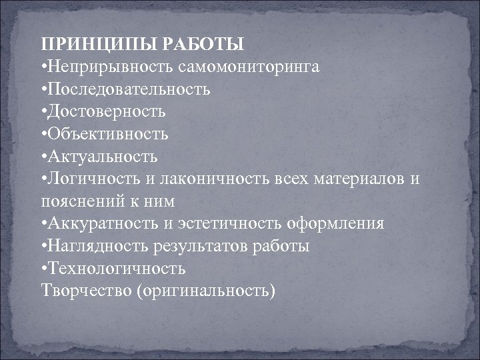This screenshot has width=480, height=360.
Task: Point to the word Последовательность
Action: [129, 89]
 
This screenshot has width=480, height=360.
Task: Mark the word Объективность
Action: [107, 134]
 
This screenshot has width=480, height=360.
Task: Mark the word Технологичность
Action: [116, 269]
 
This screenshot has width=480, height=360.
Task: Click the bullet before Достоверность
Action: [43, 112]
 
